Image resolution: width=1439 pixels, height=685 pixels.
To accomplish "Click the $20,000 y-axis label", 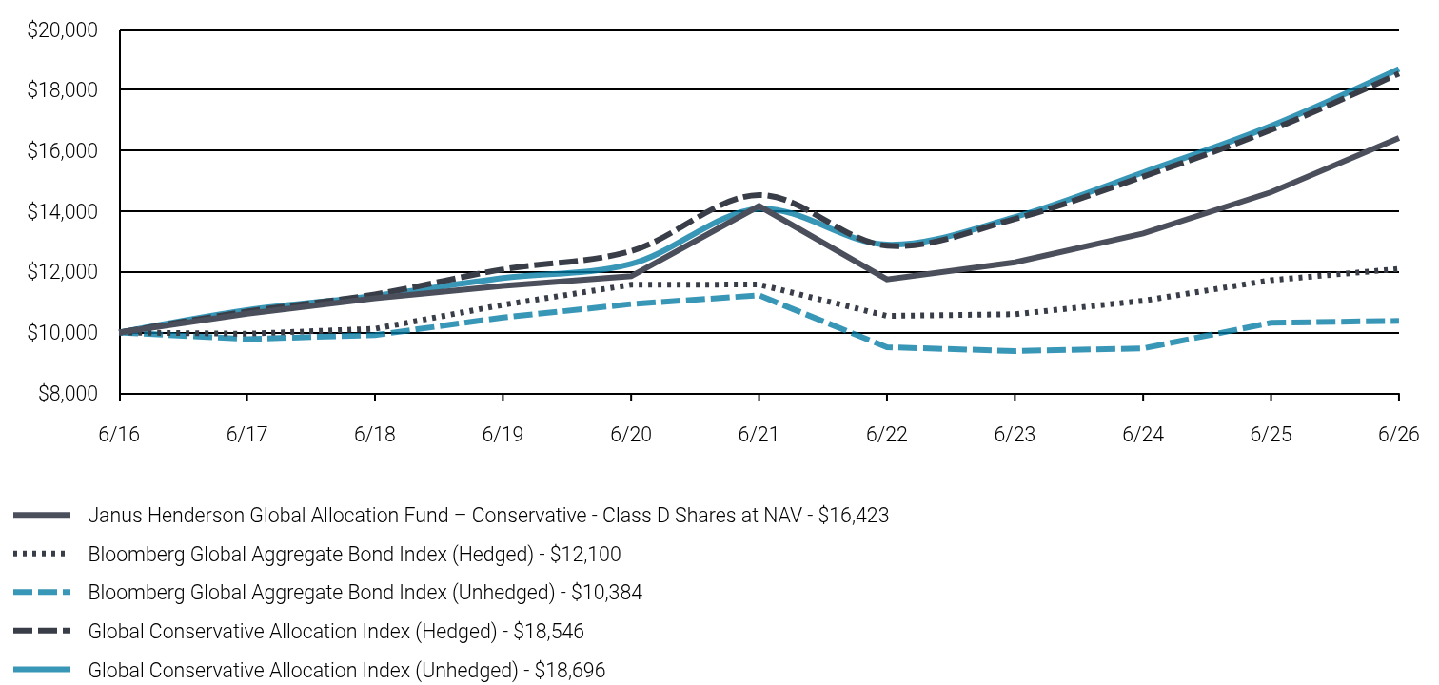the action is click(x=62, y=30).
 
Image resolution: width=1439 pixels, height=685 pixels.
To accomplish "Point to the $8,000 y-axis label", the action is click(x=69, y=393).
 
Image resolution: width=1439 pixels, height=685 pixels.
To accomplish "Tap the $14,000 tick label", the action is click(x=62, y=211).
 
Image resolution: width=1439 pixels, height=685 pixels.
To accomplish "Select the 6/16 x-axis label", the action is click(x=119, y=435).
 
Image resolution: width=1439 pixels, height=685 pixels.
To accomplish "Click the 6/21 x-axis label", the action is click(x=759, y=435).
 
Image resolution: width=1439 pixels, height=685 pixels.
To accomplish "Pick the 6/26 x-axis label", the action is click(x=1398, y=435).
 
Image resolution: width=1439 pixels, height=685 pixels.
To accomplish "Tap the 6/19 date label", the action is click(x=503, y=435).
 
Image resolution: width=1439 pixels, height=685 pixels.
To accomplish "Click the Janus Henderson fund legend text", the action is click(x=488, y=516).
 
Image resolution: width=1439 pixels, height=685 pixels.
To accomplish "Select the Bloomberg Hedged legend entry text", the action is click(x=355, y=554).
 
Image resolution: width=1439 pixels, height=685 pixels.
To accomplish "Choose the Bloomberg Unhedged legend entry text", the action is click(x=365, y=592).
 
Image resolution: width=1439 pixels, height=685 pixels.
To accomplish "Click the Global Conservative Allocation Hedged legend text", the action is click(x=336, y=631).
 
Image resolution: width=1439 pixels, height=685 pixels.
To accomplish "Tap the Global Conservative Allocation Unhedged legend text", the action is click(x=346, y=670).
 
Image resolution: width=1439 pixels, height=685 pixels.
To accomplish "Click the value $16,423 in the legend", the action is click(x=854, y=516).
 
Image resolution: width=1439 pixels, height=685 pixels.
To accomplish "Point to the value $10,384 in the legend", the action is click(x=606, y=592).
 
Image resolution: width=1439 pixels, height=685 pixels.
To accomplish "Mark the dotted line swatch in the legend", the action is click(x=40, y=554).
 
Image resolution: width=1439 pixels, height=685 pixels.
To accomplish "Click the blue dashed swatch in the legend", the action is click(x=42, y=592).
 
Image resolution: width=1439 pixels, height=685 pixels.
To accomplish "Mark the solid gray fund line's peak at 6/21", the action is click(x=759, y=206).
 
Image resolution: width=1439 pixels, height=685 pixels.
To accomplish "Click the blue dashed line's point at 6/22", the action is click(x=887, y=347).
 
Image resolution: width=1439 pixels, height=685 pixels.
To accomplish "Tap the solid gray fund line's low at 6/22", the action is click(x=887, y=280).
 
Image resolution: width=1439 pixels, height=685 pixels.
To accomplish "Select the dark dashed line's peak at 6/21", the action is click(x=759, y=194).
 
